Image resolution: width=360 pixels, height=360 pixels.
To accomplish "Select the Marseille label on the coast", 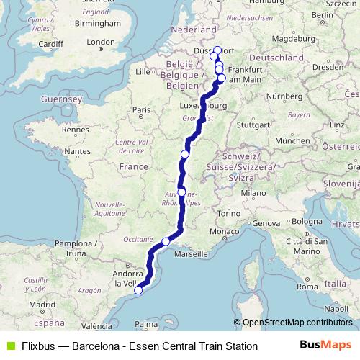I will point(189,253).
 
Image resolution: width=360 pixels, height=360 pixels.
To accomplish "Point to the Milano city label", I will point(253,193).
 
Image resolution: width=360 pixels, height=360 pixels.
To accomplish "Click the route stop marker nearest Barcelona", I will point(138,290).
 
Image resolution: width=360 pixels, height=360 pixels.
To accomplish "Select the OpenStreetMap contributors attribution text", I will point(297,323).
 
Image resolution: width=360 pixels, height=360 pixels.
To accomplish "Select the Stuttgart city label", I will point(254,124).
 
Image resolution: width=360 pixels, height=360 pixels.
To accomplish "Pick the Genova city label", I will point(266,223).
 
